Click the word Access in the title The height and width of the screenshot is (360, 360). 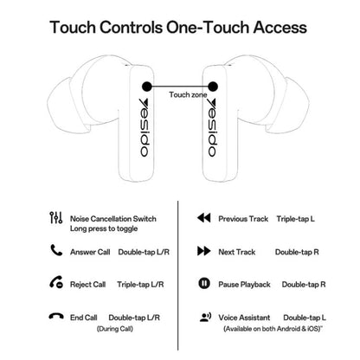tap(280, 28)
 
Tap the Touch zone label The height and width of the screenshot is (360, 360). tap(188, 95)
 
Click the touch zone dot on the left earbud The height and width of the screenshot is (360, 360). tap(147, 87)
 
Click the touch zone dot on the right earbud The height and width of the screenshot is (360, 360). tap(213, 87)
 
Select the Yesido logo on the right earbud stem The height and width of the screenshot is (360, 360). tap(212, 128)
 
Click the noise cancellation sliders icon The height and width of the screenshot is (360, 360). tap(56, 218)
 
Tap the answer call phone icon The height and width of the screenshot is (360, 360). tap(56, 250)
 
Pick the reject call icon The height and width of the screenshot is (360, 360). tap(56, 282)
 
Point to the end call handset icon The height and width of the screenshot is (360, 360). tap(56, 316)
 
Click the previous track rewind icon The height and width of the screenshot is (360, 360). tap(204, 218)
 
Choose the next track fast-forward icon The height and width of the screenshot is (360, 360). tap(204, 251)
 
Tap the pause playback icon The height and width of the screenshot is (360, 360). tap(204, 283)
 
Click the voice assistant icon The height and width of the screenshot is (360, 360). tap(205, 317)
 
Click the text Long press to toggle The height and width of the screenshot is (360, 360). tap(104, 229)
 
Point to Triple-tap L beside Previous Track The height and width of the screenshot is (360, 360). tap(295, 219)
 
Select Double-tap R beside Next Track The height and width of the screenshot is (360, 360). tap(297, 252)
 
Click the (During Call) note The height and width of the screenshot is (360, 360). tap(115, 329)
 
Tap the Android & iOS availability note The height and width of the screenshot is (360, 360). tap(273, 329)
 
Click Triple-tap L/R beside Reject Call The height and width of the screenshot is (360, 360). tap(140, 285)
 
